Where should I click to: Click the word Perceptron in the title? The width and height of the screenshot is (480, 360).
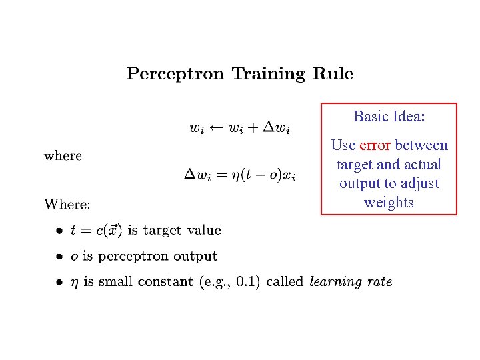(x=175, y=73)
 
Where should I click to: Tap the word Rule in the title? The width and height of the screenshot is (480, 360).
(x=331, y=73)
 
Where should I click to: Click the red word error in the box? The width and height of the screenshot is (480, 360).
(x=375, y=145)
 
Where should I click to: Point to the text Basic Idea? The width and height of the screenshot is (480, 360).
(x=389, y=117)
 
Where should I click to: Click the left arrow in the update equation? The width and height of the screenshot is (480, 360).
(x=215, y=127)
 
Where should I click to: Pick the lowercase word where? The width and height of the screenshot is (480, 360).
(x=63, y=156)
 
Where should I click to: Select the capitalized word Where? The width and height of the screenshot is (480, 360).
(x=67, y=203)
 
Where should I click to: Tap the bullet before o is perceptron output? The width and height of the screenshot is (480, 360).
(x=59, y=257)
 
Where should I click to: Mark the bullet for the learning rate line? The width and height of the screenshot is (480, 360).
(x=59, y=282)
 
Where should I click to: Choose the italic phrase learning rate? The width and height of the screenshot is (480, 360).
(x=351, y=281)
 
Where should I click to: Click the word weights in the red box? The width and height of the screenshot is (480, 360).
(x=389, y=202)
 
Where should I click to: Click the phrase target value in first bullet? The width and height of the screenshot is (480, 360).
(x=182, y=231)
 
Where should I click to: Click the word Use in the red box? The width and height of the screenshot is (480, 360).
(x=343, y=145)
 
